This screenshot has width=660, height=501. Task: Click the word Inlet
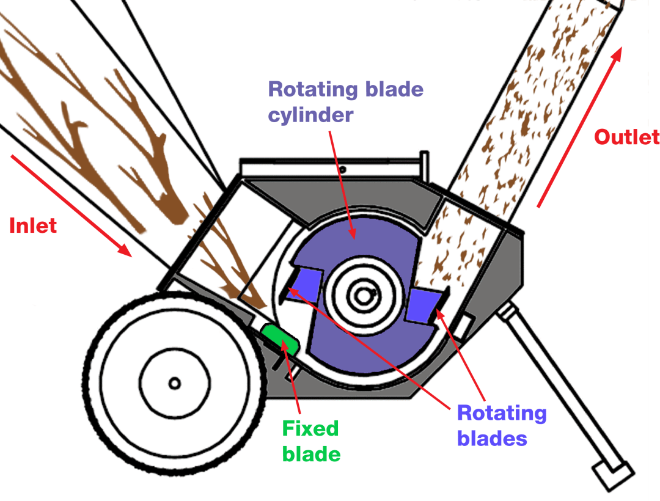point(33,225)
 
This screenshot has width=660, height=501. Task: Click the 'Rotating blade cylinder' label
point(345,101)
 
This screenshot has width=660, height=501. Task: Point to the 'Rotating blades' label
point(501,425)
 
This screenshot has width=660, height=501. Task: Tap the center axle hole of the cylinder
point(364,296)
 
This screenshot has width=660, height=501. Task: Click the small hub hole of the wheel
point(175,384)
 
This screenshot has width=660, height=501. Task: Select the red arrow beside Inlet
point(71,205)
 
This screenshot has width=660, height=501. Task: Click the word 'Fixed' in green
point(310,428)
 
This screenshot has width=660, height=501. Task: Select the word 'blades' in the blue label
point(492,438)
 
